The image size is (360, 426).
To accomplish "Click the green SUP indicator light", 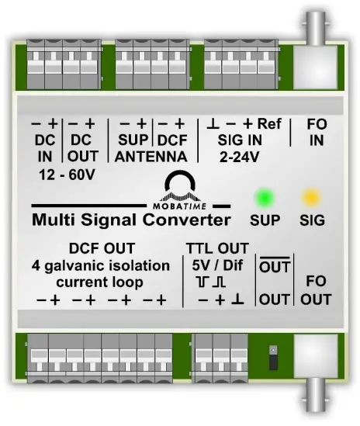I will tap(265, 196).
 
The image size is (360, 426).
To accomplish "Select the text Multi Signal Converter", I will tap(131, 220).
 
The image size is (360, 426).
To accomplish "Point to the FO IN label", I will tap(317, 133).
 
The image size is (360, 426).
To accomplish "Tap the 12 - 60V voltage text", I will tap(67, 175).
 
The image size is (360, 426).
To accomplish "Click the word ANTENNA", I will tap(151, 157).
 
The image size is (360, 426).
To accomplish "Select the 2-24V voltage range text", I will tap(239, 157).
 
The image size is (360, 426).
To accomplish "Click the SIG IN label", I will tap(239, 140).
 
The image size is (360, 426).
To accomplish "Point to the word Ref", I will tap(269, 124).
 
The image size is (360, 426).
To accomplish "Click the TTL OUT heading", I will tap(217, 248).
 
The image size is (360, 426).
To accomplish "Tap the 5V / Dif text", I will tap(217, 265).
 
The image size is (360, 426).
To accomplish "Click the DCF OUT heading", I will tap(101, 248).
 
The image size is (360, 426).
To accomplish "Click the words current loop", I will tap(101, 282).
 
